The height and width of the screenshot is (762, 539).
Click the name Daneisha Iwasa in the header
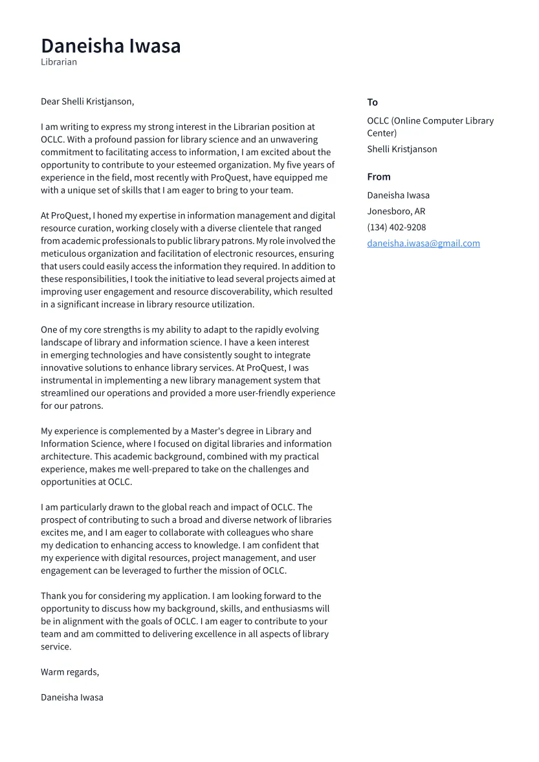pos(111,46)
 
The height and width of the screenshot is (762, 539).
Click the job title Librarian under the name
pos(59,62)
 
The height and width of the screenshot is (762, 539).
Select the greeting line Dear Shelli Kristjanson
pos(87,102)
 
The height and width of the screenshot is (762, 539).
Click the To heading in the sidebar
pos(372,102)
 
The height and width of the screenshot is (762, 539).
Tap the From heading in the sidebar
pos(379,177)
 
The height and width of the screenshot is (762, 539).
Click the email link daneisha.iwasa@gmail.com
pos(423,243)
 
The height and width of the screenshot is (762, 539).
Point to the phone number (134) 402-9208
pos(396,227)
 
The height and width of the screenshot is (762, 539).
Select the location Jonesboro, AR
pos(396,211)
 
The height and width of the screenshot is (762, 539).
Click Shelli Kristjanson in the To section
pos(402,149)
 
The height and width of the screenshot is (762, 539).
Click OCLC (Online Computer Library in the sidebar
pos(430,121)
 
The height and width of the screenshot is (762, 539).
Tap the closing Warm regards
pos(70,672)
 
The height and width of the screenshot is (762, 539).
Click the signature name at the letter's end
pos(72,697)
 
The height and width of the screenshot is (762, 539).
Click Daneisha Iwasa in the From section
pos(398,195)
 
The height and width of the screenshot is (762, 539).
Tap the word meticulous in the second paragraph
pos(64,254)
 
